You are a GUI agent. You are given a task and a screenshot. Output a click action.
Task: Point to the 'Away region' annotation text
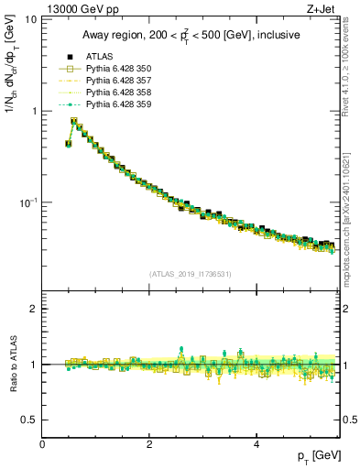[187, 35]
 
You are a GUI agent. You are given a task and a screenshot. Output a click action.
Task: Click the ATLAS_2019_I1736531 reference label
[191, 272]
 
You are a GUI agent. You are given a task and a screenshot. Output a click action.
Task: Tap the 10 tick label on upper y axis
[30, 19]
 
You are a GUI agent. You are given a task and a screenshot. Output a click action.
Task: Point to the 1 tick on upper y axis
[33, 111]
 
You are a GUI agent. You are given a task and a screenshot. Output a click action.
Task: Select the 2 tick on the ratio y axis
[33, 309]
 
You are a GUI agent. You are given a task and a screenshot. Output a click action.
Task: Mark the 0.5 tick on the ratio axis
[28, 420]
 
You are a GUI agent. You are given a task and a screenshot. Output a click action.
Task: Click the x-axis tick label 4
[256, 444]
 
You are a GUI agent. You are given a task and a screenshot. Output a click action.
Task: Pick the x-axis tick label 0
[42, 444]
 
